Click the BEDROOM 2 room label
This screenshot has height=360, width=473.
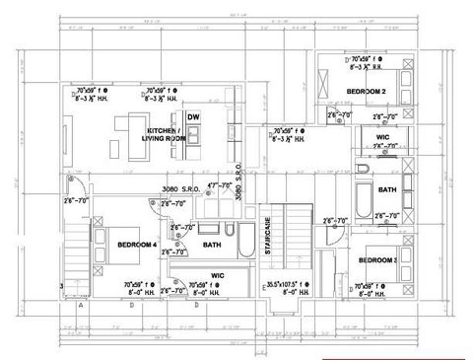[x=364, y=92]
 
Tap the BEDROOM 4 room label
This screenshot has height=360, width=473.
[x=137, y=244]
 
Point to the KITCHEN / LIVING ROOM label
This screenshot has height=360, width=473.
[x=167, y=134]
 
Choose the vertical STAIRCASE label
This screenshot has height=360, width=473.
[x=268, y=236]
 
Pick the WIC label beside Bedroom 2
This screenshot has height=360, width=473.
[x=382, y=136]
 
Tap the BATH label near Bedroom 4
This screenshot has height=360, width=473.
[x=211, y=244]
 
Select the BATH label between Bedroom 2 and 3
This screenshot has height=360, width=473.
[x=386, y=189]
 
